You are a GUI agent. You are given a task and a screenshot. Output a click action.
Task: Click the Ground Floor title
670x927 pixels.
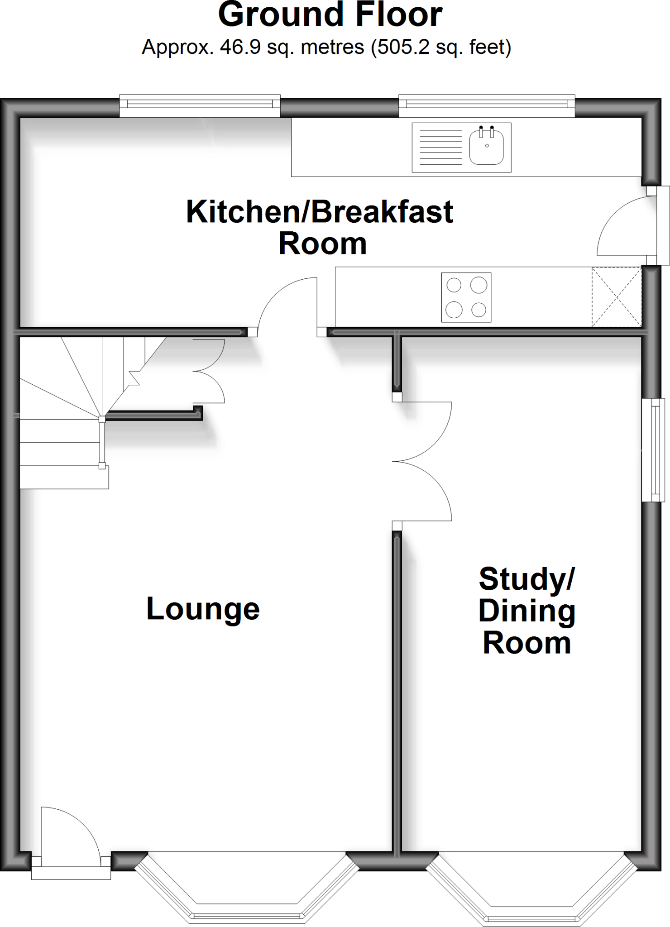click(x=330, y=14)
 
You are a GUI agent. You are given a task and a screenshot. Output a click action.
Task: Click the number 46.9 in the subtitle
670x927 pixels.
click(x=240, y=47)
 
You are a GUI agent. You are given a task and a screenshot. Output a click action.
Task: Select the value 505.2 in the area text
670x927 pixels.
click(x=403, y=47)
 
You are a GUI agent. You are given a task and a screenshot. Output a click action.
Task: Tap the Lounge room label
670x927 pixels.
click(x=203, y=609)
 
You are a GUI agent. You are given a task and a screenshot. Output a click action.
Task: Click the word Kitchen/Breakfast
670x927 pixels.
click(x=320, y=212)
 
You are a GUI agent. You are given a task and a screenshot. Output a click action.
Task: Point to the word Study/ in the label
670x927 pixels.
click(x=526, y=579)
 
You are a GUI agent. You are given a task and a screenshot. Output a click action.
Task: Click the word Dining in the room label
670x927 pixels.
click(x=526, y=611)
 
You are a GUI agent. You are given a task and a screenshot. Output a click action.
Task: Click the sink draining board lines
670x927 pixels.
click(x=440, y=147)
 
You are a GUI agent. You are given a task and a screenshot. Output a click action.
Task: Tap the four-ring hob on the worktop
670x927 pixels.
click(x=466, y=297)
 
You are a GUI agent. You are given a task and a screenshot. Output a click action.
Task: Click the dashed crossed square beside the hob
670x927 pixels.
click(x=617, y=297)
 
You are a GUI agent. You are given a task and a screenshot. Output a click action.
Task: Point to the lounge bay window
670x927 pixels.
click(x=247, y=889)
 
